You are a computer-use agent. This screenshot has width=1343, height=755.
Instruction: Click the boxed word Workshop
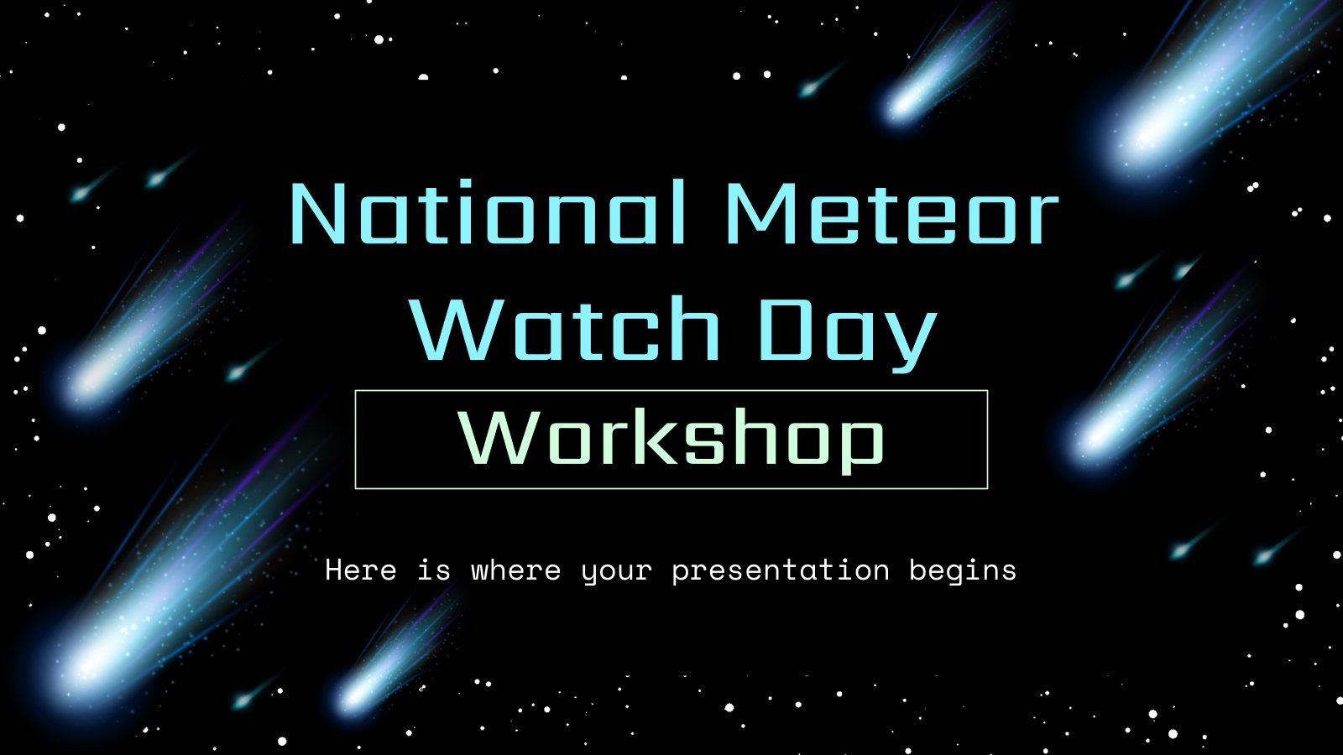tap(671, 440)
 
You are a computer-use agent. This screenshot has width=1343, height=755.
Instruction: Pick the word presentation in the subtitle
tap(781, 571)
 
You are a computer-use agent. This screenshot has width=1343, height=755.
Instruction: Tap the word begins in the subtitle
tap(963, 571)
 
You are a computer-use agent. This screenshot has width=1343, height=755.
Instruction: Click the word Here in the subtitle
tap(360, 570)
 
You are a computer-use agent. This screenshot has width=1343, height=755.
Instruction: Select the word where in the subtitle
tap(515, 570)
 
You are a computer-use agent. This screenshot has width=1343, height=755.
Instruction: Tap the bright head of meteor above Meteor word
tap(902, 105)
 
